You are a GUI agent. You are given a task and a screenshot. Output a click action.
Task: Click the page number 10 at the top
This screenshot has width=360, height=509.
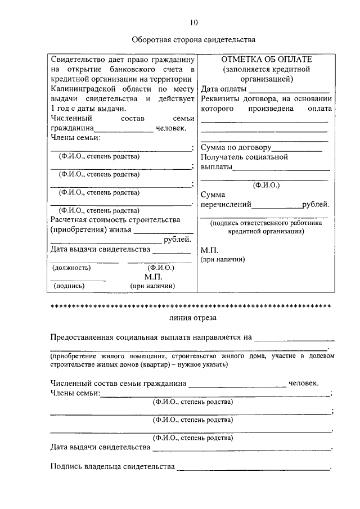(193, 22)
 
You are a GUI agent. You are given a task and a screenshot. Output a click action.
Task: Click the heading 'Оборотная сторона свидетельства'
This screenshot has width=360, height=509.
(193, 40)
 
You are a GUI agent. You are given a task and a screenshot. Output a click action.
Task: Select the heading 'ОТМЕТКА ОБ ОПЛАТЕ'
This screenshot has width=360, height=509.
(266, 59)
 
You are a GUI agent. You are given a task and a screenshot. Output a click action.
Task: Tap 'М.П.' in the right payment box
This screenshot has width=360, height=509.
(209, 250)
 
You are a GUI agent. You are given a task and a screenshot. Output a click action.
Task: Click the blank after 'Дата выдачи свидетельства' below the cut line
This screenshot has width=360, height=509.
(242, 448)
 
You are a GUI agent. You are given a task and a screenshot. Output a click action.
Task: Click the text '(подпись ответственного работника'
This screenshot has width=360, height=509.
(266, 223)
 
